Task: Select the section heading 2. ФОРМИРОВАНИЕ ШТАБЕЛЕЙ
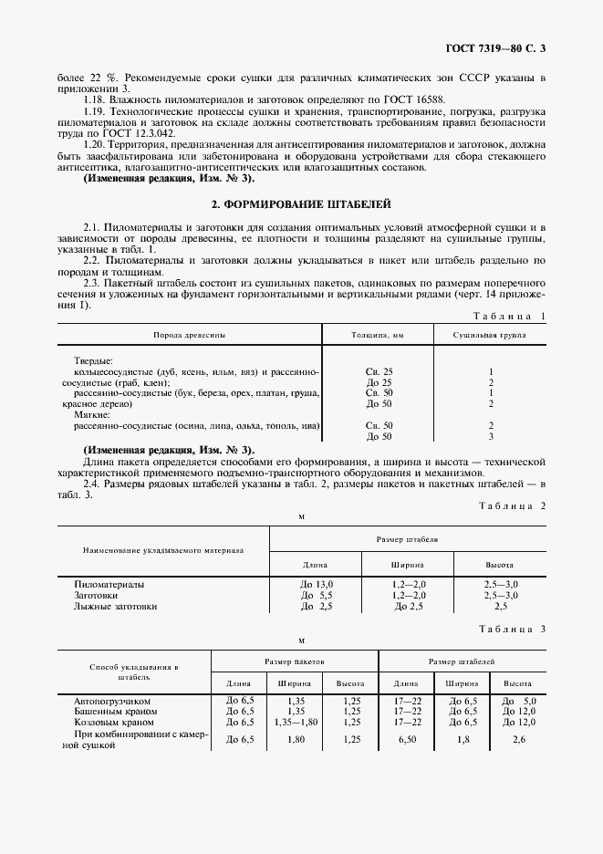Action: pos(301,205)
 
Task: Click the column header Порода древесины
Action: pos(189,335)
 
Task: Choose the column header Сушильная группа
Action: pos(490,335)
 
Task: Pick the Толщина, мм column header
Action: pos(378,335)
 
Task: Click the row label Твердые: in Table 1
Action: pos(93,360)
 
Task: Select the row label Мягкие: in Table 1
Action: pos(91,414)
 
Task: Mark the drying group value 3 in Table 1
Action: pos(491,436)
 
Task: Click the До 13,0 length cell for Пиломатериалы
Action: pos(317,583)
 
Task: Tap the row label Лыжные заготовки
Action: pos(115,606)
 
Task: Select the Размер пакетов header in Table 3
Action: pos(295,659)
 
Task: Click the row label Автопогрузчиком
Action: pos(110,701)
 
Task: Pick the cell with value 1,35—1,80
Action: pos(295,722)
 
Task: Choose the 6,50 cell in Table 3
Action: pos(405,739)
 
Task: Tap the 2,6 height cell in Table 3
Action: pos(518,739)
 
